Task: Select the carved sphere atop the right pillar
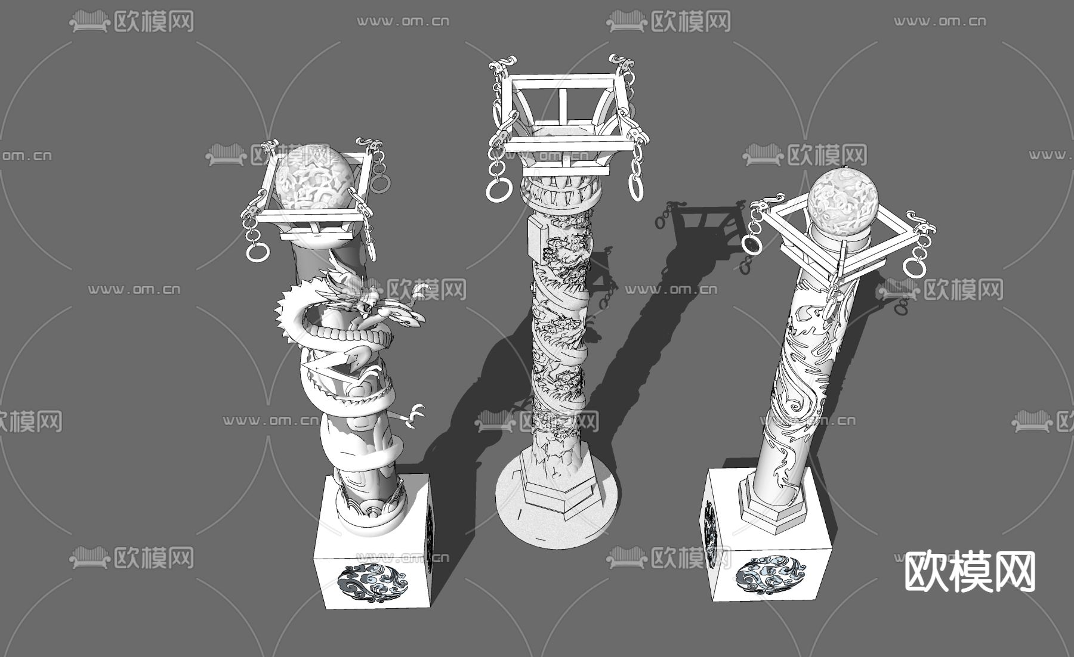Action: (x=842, y=199)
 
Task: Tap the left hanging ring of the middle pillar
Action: (x=497, y=190)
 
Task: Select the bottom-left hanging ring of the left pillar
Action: (x=257, y=251)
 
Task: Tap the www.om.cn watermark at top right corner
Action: (x=939, y=21)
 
